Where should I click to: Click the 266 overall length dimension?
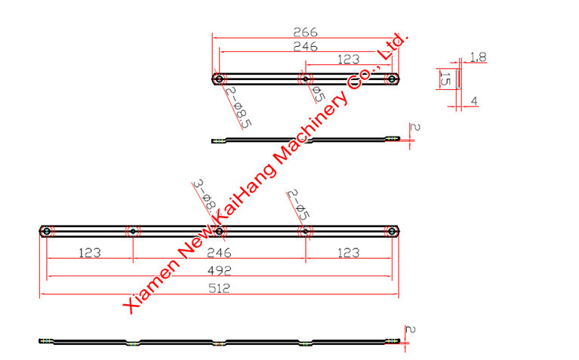tap(306, 32)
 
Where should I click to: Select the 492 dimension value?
tap(220, 271)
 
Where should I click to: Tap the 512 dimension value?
tap(220, 288)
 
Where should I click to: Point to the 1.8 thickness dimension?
tap(478, 57)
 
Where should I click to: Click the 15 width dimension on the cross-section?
tap(445, 78)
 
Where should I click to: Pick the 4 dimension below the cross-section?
tap(474, 101)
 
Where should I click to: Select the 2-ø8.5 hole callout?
tap(239, 108)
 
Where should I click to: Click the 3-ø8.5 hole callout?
tap(205, 198)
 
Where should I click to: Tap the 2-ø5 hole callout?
tap(298, 205)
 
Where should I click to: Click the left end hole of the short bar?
tap(220, 78)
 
